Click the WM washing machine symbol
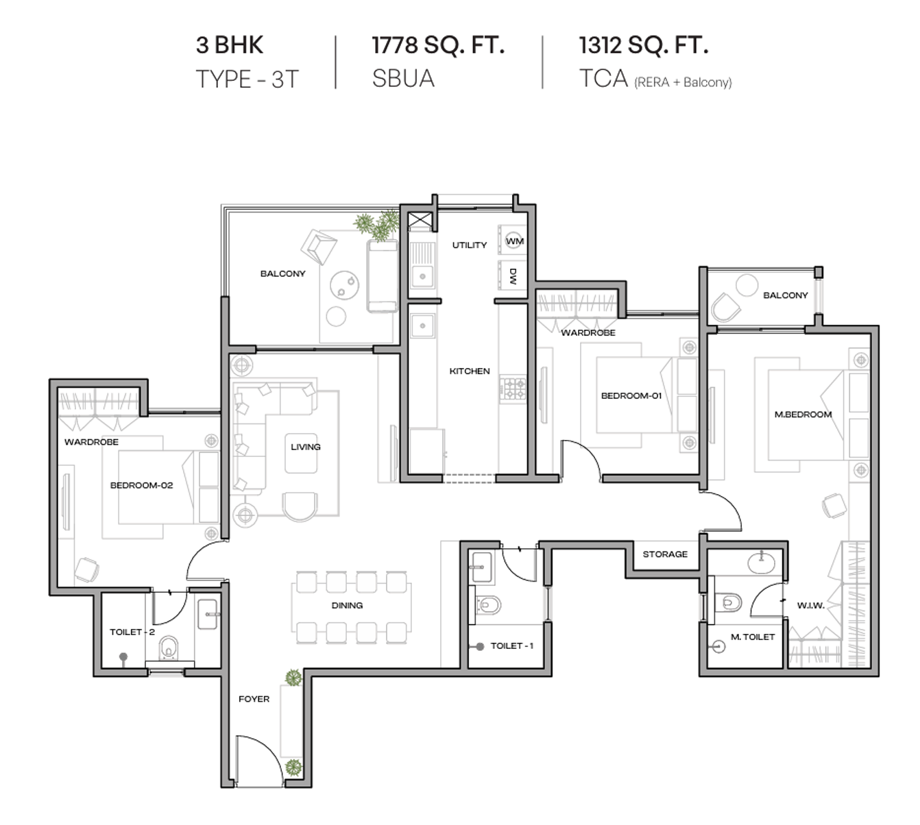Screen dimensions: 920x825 (513, 241)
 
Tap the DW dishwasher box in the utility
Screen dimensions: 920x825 (513, 275)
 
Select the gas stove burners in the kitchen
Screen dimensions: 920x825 (513, 389)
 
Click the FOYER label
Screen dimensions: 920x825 (254, 699)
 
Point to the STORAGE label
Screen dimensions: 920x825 (665, 554)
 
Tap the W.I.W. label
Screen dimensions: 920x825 (811, 605)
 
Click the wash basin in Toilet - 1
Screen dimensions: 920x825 (482, 567)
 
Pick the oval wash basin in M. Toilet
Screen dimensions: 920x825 (762, 563)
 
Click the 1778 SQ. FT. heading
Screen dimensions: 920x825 (438, 45)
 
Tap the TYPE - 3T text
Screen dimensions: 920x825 (247, 79)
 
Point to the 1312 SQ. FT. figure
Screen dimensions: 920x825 (644, 45)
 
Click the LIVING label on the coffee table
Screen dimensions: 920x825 (306, 447)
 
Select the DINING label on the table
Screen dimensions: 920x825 (347, 605)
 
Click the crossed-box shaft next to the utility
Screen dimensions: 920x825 (420, 221)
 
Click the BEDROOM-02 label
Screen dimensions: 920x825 (142, 485)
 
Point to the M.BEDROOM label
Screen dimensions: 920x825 (803, 414)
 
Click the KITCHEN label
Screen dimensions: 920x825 (470, 371)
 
